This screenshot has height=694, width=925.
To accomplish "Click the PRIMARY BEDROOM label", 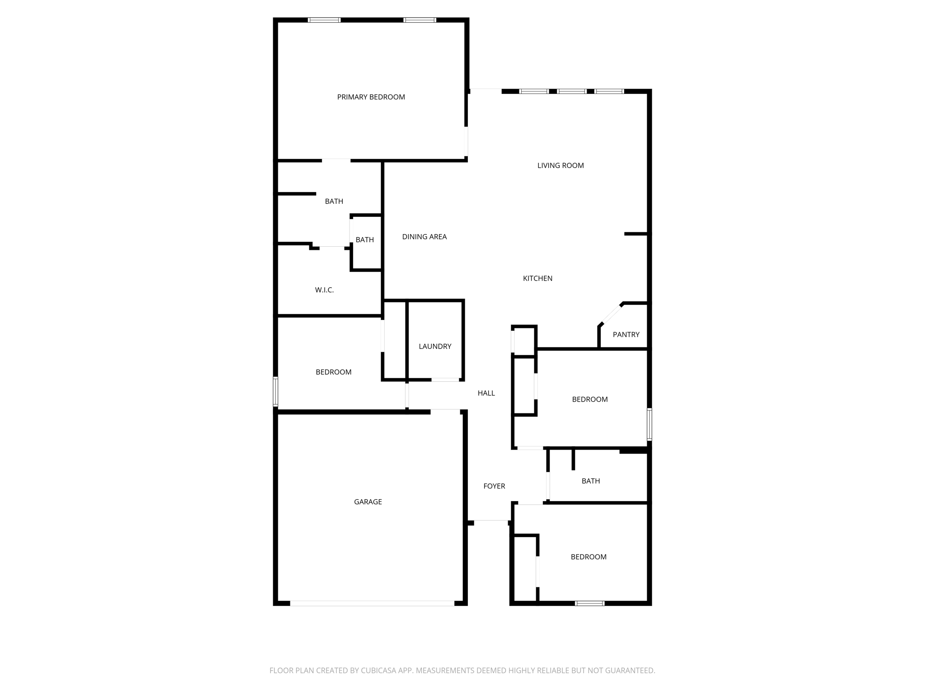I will (x=371, y=97).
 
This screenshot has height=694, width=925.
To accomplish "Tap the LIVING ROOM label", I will (x=561, y=166).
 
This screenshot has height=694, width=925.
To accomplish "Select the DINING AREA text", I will (x=424, y=237).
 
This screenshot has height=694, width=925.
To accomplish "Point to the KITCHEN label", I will (x=537, y=278).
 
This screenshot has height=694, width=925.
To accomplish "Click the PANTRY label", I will (x=626, y=335).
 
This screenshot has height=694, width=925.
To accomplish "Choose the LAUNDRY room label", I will (x=435, y=347).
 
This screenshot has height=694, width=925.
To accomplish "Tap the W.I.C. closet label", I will (x=324, y=290).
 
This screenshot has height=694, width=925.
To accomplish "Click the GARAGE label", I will (x=368, y=502).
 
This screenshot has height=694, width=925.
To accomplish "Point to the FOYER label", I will (x=494, y=486).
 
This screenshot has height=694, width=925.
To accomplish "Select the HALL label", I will (x=486, y=393).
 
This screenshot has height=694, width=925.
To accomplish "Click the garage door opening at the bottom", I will (x=372, y=603).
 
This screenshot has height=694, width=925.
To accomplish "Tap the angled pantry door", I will (x=611, y=314).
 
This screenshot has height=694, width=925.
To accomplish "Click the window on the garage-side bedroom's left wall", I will (x=276, y=391).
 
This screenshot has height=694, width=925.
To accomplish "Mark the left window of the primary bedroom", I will (x=324, y=20).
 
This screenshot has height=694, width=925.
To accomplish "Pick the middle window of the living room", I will (x=571, y=91).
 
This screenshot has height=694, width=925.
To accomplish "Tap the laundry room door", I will (x=445, y=380).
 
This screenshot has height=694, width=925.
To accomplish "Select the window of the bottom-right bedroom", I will (x=589, y=603).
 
